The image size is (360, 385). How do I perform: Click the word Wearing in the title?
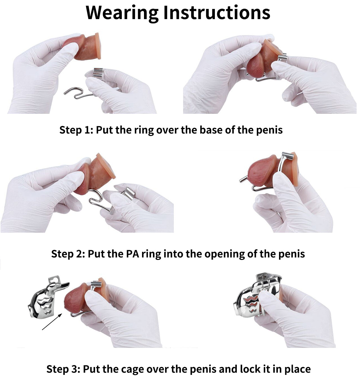pos(122,13)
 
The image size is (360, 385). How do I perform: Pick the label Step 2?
pos(68,254)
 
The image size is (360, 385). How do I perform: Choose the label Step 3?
pos(63,369)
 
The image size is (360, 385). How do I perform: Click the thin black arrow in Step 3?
pos(52,321)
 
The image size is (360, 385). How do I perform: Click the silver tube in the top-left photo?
pos(98,73)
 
